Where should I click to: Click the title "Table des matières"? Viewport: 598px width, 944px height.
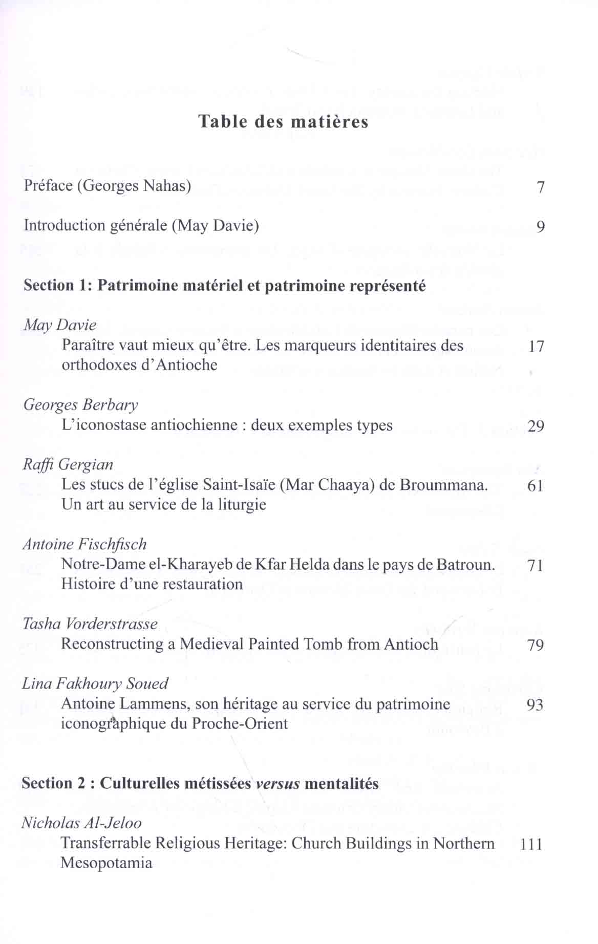(x=283, y=122)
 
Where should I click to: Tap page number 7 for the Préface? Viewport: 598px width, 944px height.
(x=541, y=187)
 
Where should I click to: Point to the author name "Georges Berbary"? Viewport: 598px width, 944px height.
(x=80, y=405)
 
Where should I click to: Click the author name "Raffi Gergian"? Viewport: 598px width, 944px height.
(x=68, y=465)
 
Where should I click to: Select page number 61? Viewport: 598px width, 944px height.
(x=535, y=486)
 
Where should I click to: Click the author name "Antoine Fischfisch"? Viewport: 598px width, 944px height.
(x=84, y=544)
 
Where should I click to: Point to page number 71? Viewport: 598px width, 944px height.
(x=535, y=566)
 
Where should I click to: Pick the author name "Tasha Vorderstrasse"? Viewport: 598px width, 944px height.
(x=90, y=624)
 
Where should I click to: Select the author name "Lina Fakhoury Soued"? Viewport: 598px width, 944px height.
(x=95, y=684)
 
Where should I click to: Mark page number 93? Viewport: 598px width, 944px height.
(x=535, y=705)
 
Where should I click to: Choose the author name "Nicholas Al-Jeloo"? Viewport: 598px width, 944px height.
(x=81, y=823)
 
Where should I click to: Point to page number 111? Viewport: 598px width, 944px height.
(x=531, y=844)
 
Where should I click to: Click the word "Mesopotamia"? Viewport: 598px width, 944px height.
(x=106, y=864)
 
